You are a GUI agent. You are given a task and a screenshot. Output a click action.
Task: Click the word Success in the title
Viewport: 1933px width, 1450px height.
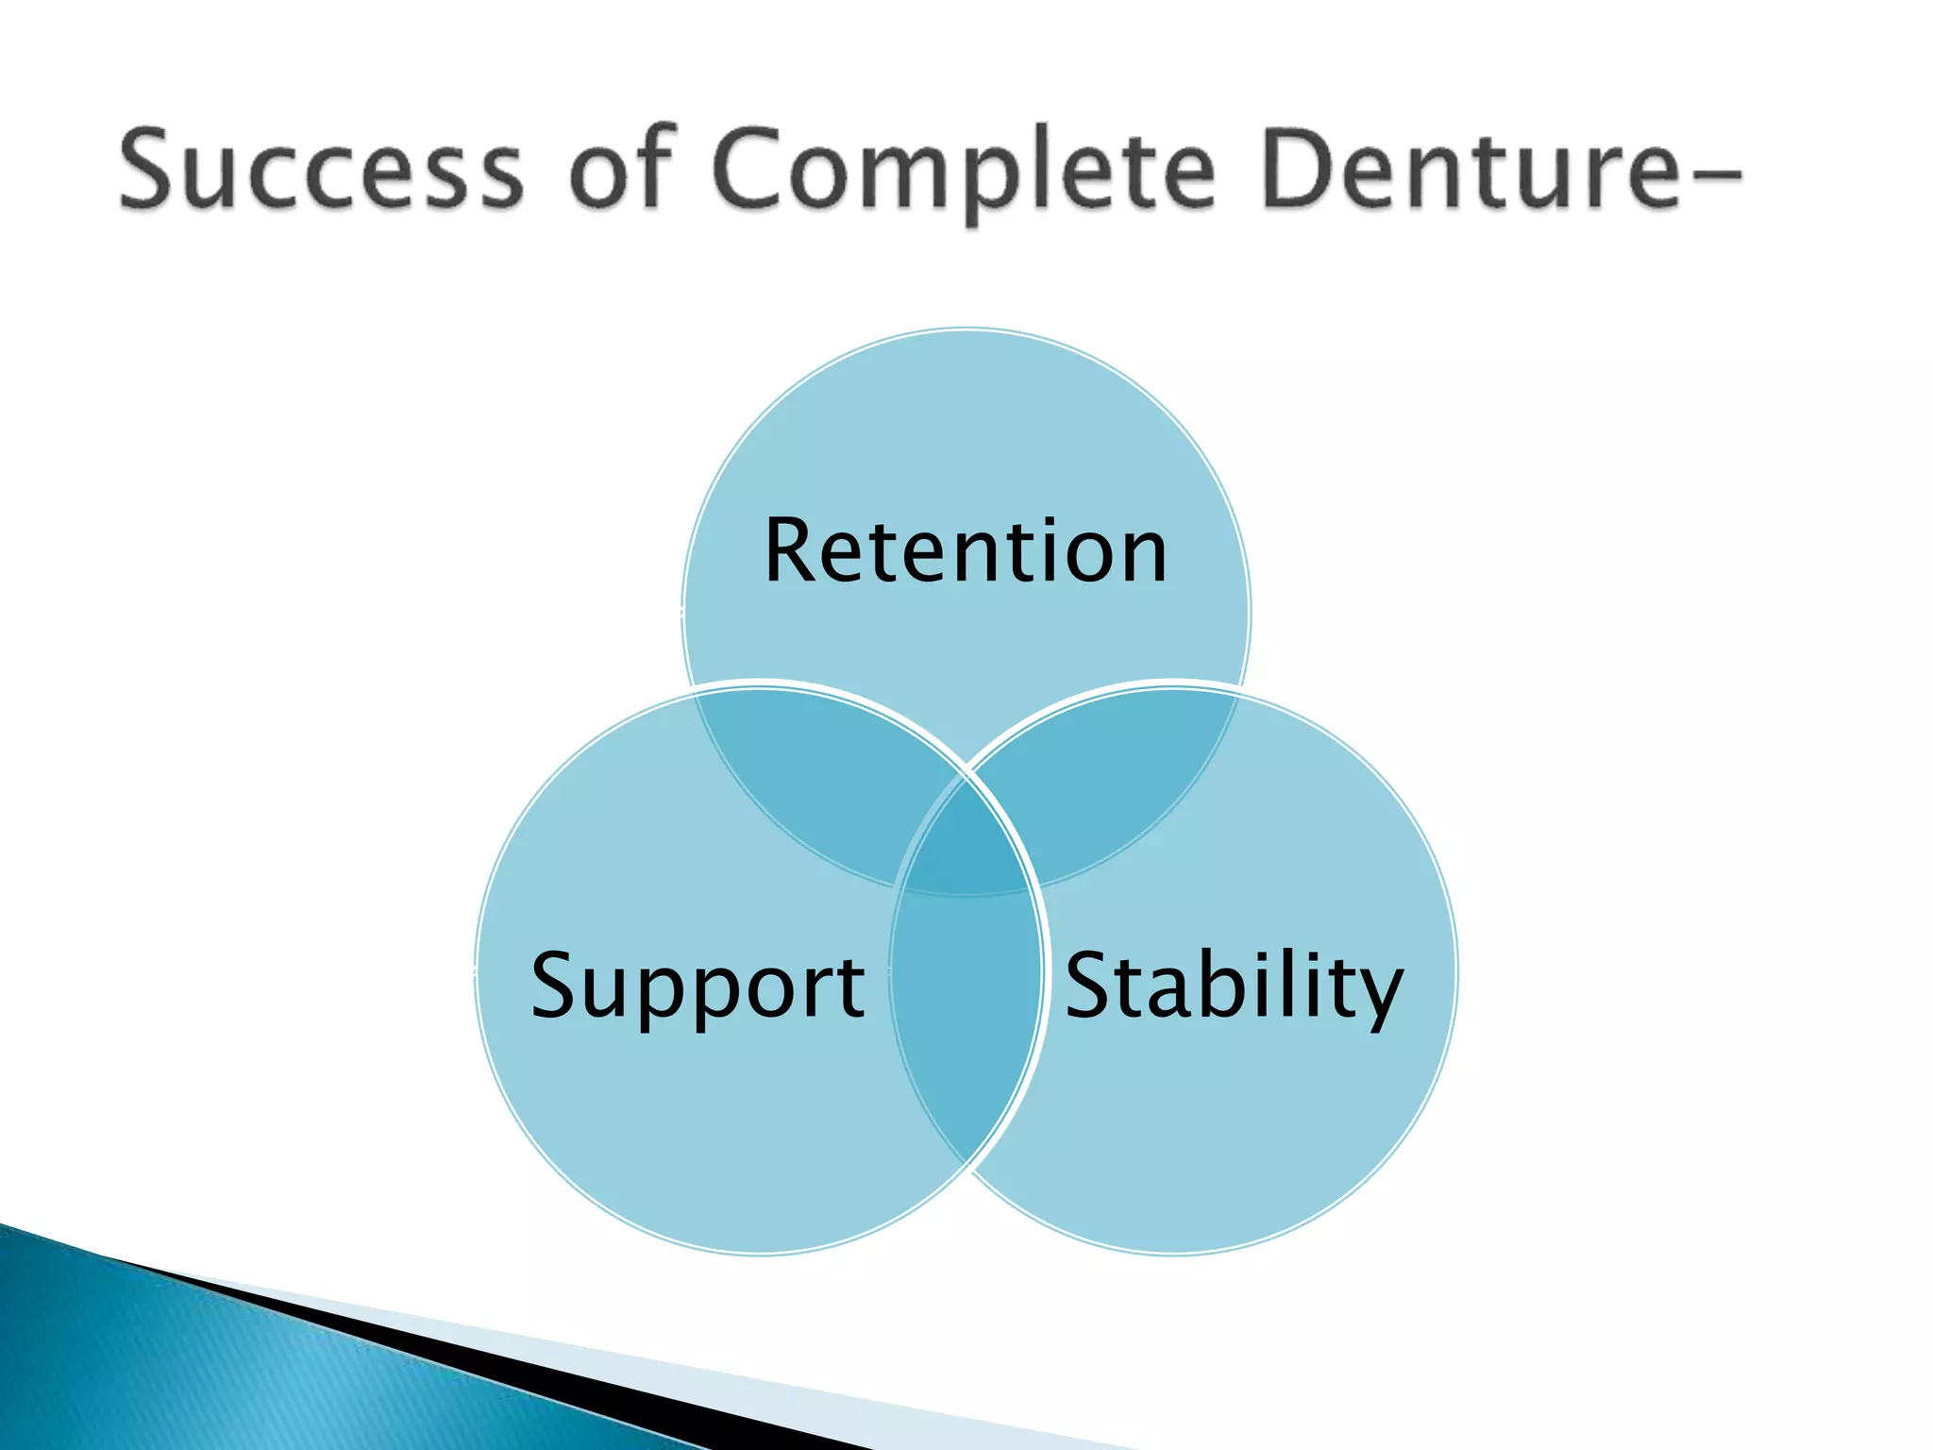pos(321,170)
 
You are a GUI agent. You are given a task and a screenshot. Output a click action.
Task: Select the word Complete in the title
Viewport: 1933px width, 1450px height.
pos(963,175)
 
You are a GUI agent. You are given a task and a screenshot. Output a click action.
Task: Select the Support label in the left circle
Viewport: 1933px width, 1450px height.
pos(698,986)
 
